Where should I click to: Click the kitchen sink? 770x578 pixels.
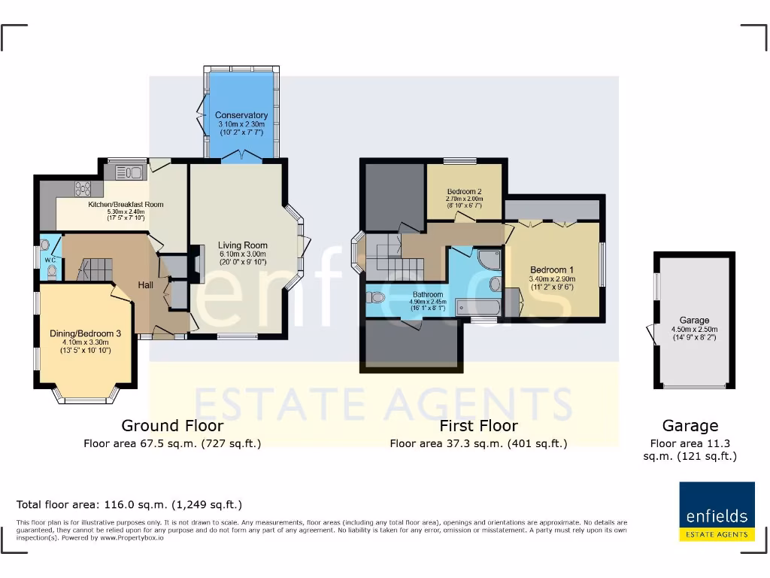pos(129,173)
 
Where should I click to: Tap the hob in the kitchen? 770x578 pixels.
pos(82,188)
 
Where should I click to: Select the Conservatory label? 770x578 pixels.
pos(241,115)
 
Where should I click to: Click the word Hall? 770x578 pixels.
pos(146,285)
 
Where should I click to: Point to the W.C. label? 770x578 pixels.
pos(50,260)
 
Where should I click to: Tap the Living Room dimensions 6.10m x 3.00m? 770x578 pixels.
pos(242,254)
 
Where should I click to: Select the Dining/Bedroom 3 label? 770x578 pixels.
pos(85,333)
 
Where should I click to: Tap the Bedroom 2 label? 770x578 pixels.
pos(464,191)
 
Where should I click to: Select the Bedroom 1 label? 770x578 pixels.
pos(552,270)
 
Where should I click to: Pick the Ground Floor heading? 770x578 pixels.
pos(172,426)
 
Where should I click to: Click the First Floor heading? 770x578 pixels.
pos(478,426)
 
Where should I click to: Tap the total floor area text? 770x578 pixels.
pos(129,505)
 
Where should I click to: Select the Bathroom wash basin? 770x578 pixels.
pos(496,284)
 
